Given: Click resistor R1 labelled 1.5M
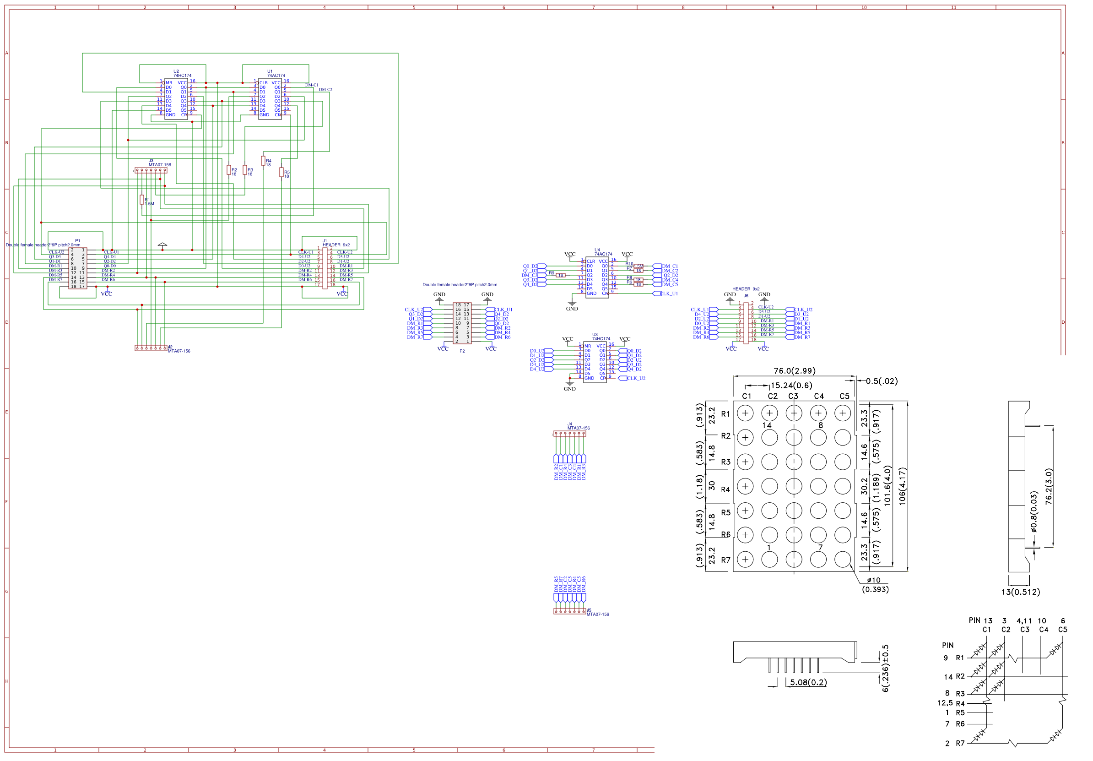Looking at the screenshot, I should tap(141, 200).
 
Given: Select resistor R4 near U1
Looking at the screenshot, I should tap(263, 160).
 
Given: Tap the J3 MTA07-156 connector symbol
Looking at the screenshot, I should tap(151, 170).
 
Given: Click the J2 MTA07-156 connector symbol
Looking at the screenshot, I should tap(151, 348).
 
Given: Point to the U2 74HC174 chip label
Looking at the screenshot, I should tap(182, 75).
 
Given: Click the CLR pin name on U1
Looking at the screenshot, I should tap(263, 83).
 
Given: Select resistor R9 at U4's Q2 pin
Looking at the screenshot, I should tap(560, 275).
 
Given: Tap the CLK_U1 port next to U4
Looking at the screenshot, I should tap(668, 294).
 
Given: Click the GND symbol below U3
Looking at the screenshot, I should tap(569, 384).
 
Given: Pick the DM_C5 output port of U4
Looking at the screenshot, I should tap(669, 284).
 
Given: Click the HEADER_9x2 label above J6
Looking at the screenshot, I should tap(746, 289).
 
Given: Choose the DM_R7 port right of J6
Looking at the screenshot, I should tap(801, 337).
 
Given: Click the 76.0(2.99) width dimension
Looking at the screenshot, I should tap(794, 370).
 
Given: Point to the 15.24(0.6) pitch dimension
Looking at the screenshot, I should tap(791, 385).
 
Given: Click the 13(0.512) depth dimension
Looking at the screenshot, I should tap(1020, 592).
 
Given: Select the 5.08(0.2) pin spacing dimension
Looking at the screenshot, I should tap(808, 682).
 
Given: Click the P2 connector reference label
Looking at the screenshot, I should tap(462, 351).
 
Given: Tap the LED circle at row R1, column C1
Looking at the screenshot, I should tap(745, 413).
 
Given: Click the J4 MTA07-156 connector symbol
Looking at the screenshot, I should tap(569, 434).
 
